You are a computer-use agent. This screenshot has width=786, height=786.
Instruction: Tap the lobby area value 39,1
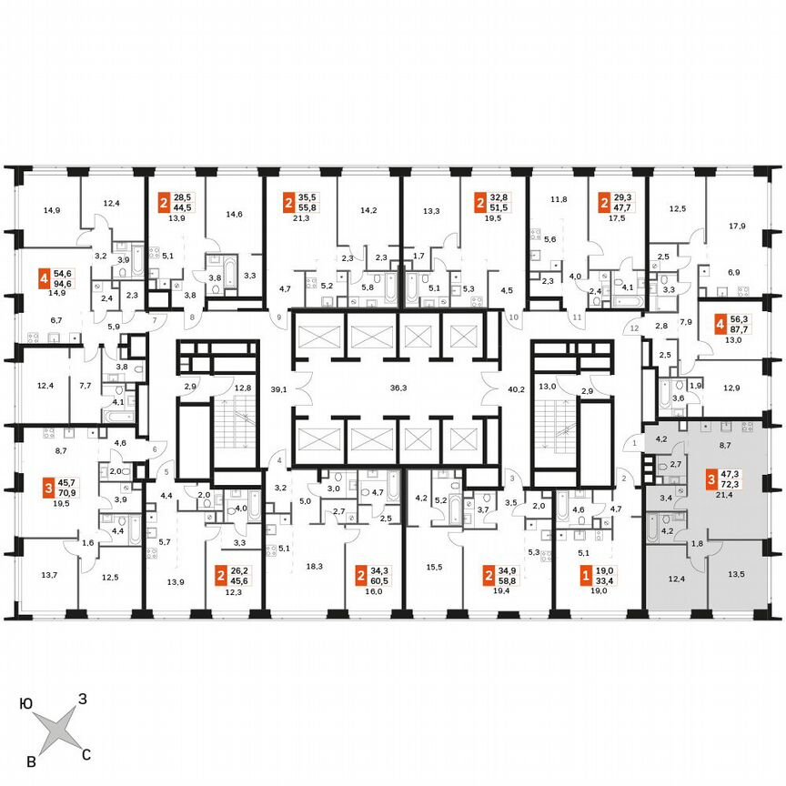coord(279,388)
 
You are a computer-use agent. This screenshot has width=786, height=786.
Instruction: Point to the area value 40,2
coord(516,388)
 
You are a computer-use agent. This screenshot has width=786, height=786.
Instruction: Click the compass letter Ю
coord(28,703)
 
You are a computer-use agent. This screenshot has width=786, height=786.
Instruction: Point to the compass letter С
coord(86,753)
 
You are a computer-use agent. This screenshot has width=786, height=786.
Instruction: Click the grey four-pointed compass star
coord(57,729)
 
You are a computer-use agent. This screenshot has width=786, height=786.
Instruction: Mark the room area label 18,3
coord(315,566)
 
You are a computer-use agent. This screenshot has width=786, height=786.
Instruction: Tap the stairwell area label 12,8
coord(243,388)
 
